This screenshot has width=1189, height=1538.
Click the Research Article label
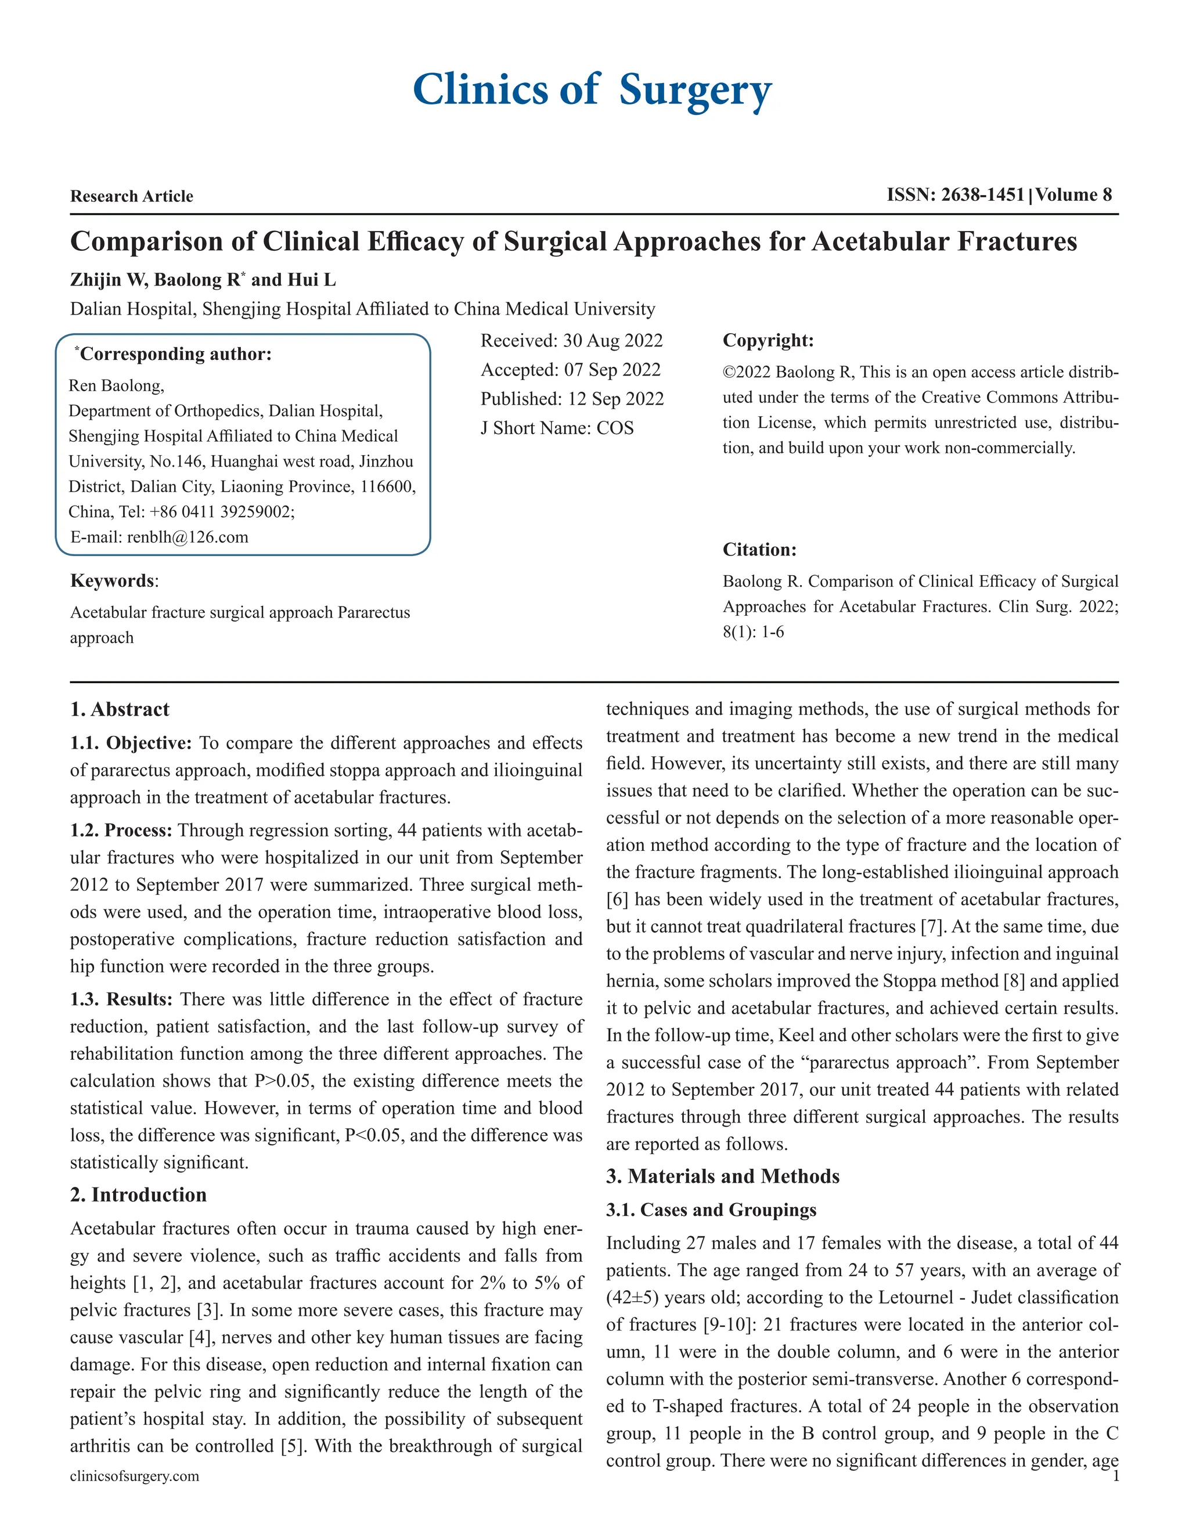click(132, 197)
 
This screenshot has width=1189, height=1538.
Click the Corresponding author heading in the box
click(175, 353)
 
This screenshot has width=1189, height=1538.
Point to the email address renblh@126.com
click(188, 537)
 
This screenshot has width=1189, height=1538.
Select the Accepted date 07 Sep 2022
click(611, 370)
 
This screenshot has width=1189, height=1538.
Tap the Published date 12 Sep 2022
click(615, 399)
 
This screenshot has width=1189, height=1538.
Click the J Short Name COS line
click(556, 428)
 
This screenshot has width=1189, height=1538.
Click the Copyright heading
click(768, 341)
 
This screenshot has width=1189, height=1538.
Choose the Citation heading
click(759, 550)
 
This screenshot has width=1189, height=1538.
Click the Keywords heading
click(113, 581)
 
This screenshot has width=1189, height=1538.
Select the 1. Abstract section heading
click(120, 709)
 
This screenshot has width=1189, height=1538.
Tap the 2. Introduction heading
click(138, 1195)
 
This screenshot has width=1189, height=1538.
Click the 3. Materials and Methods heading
click(723, 1177)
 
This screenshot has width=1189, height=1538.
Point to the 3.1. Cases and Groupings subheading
click(711, 1210)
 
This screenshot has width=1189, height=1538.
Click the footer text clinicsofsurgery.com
click(135, 1476)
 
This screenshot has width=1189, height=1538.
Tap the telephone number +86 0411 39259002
click(221, 512)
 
